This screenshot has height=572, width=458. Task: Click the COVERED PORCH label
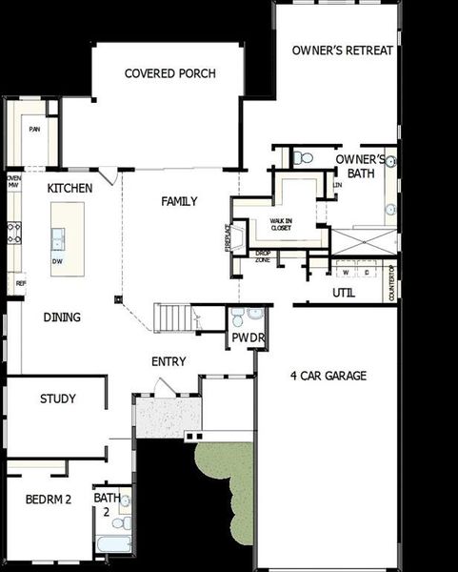[170, 73]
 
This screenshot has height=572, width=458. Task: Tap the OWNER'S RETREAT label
[342, 51]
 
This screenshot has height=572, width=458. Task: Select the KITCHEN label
[70, 189]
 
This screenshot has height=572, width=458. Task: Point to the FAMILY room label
[179, 201]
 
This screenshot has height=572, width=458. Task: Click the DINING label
[62, 317]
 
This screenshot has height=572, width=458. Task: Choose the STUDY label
[58, 398]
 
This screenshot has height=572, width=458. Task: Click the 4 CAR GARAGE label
[328, 376]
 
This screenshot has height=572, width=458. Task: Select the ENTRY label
[169, 362]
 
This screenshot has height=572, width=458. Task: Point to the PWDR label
[243, 338]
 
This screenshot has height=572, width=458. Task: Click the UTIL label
[344, 293]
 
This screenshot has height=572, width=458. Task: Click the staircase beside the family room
[175, 317]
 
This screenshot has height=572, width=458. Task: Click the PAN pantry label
[34, 130]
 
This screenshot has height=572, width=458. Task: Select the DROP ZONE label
[263, 255]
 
